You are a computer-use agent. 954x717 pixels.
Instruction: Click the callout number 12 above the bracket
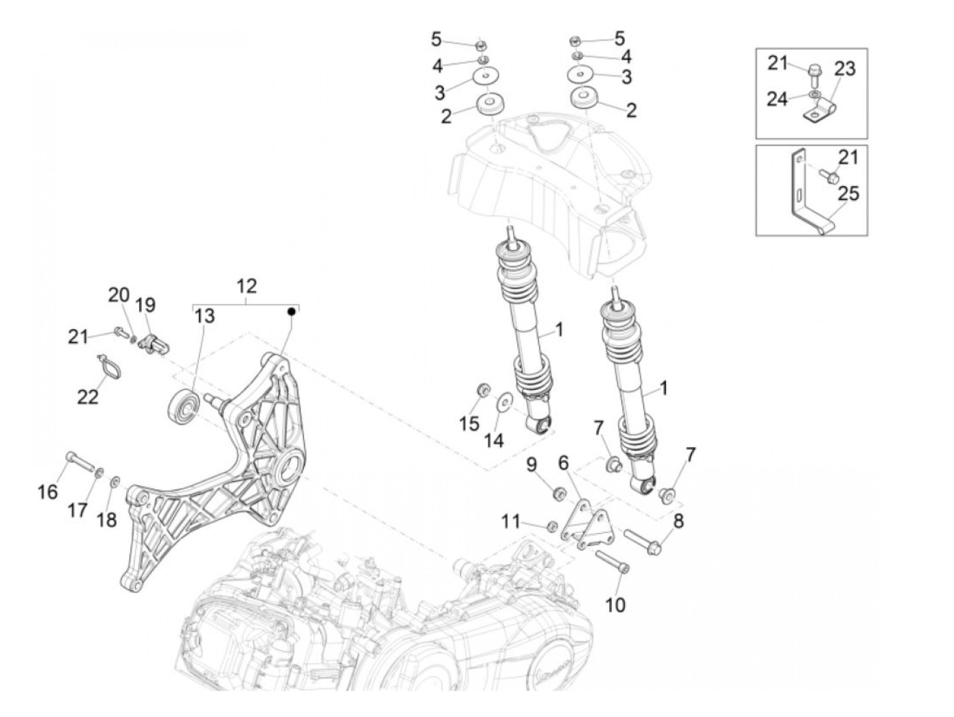click(x=246, y=286)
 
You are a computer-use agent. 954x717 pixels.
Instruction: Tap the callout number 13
click(x=204, y=316)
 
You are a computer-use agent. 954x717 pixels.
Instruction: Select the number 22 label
click(x=88, y=396)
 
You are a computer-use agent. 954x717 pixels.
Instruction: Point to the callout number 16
click(x=48, y=491)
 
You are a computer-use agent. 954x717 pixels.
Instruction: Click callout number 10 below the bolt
click(x=615, y=604)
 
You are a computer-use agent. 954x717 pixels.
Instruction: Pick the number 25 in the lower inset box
click(x=848, y=194)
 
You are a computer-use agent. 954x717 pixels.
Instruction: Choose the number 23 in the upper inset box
click(x=845, y=70)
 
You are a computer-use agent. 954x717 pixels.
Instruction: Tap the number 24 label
click(x=777, y=100)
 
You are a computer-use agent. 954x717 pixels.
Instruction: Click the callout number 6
click(x=564, y=463)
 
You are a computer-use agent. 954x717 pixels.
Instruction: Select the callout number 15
click(x=469, y=423)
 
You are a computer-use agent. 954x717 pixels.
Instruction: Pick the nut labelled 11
click(x=553, y=525)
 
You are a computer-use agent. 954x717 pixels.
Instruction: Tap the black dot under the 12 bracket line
click(x=292, y=311)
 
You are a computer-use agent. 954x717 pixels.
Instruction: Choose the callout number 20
click(x=119, y=295)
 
